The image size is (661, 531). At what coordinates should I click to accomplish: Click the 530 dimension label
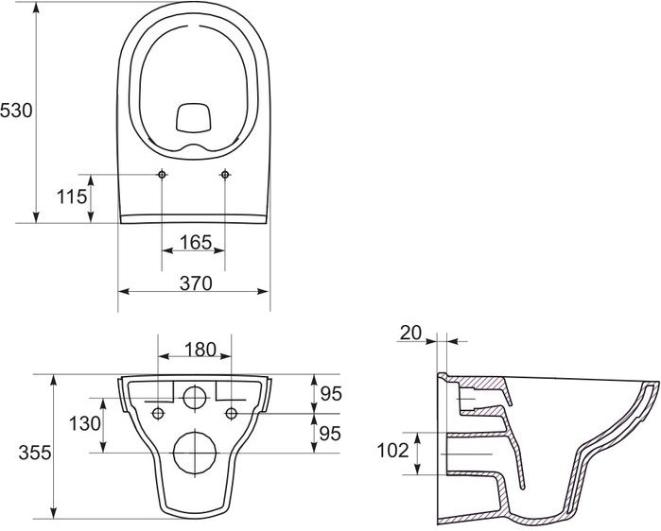pos(16,111)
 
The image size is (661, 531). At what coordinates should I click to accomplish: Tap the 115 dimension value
pos(72,197)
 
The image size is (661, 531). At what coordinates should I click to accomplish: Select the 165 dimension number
pos(196,242)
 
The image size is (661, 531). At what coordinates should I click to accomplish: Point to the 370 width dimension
pos(196,283)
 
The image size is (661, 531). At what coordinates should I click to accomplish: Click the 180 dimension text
pos(200,350)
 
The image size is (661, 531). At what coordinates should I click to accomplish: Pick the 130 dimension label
pos(85,423)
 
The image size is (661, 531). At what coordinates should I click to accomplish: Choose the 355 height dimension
pos(35,453)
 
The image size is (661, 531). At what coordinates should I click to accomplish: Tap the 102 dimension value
pos(392,451)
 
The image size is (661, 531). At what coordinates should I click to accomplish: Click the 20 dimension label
pos(410,333)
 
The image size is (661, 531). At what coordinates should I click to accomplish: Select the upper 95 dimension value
pos(331,393)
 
